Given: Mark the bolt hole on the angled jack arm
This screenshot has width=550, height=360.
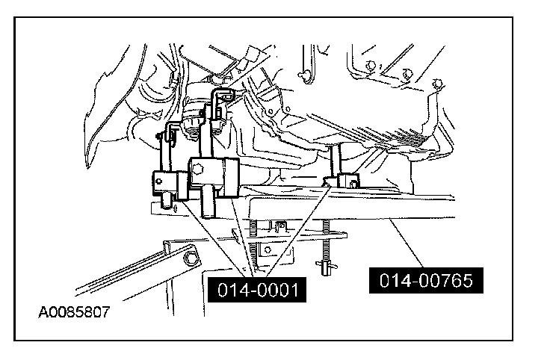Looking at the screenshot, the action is click(188, 259).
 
